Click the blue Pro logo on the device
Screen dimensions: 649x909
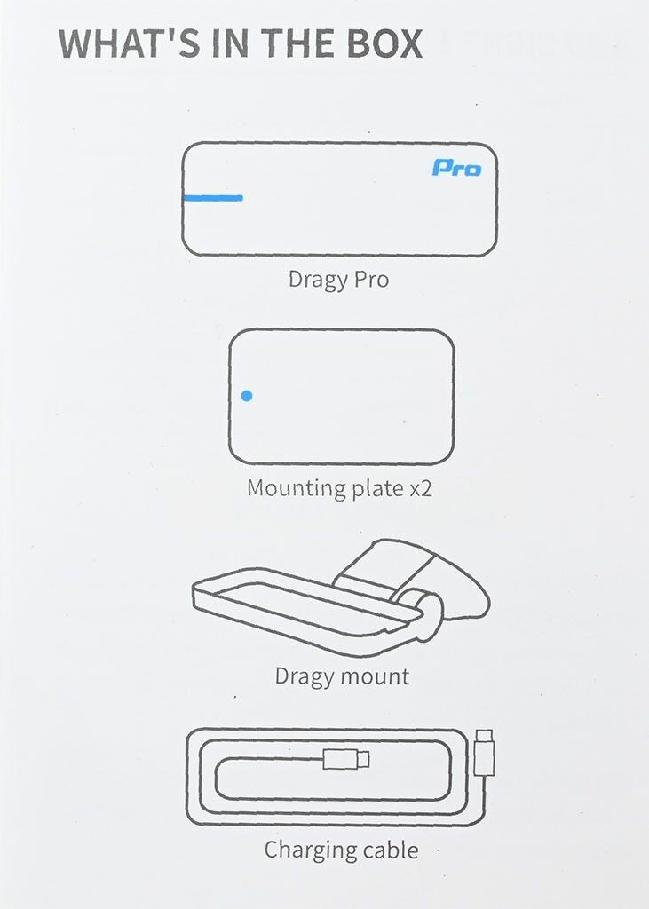click(456, 168)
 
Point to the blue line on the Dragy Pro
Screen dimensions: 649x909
click(213, 198)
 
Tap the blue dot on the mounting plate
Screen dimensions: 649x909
click(247, 396)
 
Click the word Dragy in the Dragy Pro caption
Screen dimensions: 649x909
click(317, 280)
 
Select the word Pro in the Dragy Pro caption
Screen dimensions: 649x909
click(371, 279)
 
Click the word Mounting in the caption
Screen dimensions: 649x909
click(296, 488)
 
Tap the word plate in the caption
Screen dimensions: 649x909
click(377, 488)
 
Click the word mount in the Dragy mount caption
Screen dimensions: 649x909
click(374, 676)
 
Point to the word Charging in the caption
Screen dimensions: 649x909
click(310, 850)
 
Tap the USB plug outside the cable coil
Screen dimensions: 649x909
click(484, 752)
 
